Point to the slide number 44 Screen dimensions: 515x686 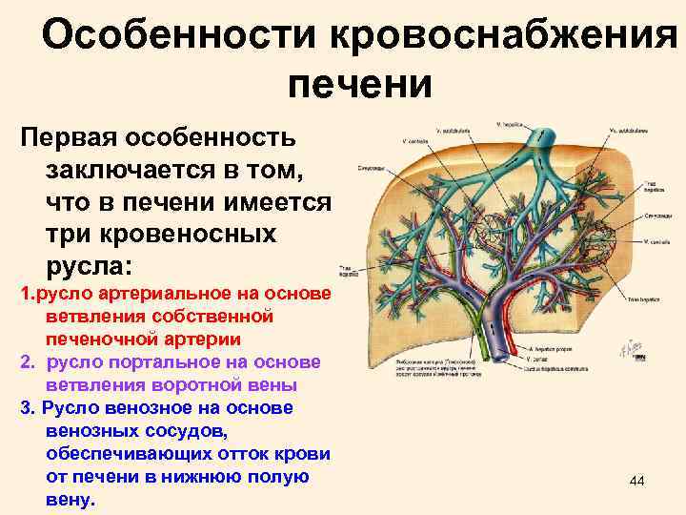pos(637,484)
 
